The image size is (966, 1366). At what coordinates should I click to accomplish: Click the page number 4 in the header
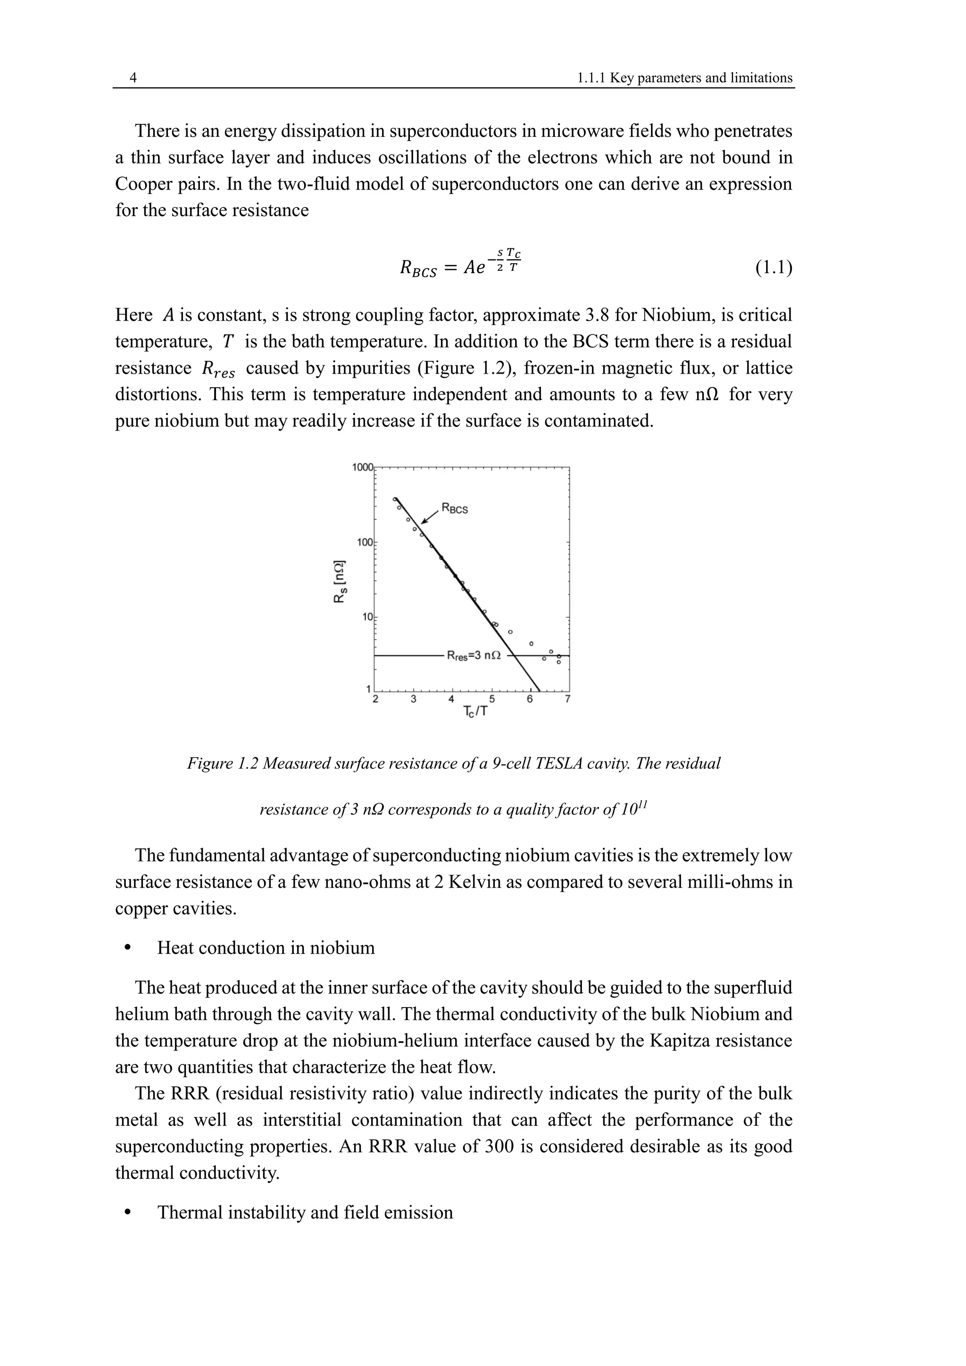[x=133, y=78]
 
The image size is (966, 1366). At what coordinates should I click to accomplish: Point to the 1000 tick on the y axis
[x=362, y=467]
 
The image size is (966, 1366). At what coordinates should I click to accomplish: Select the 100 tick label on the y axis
[x=364, y=542]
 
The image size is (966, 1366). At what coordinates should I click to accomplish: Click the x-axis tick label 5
[x=491, y=699]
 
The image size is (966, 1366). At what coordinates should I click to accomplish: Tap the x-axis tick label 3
[x=413, y=699]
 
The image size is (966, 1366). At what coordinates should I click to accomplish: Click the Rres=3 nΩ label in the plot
[x=474, y=656]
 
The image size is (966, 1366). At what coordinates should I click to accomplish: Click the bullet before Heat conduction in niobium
[x=127, y=949]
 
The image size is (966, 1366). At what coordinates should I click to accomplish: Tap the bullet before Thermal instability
[x=127, y=1213]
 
